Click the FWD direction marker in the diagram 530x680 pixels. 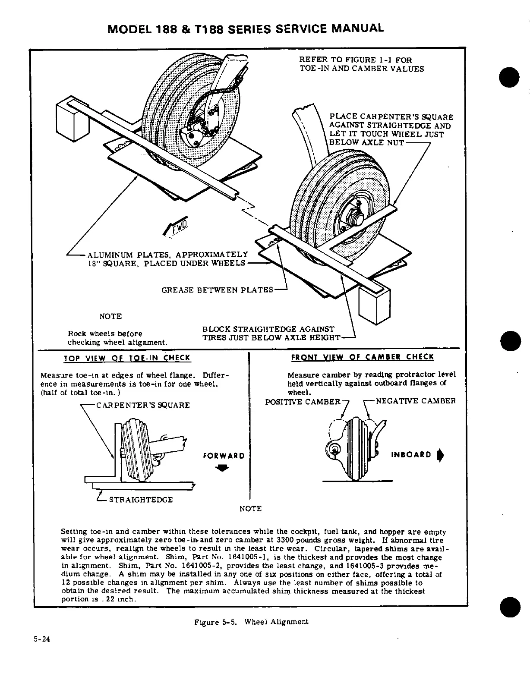(177, 226)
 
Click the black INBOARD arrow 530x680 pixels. (440, 455)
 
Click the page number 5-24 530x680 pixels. (42, 639)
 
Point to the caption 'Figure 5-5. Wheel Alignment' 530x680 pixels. (251, 622)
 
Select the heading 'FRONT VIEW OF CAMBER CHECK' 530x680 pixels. (363, 357)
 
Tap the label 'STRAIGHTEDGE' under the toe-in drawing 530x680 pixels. (141, 500)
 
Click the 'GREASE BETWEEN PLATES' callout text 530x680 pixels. (217, 290)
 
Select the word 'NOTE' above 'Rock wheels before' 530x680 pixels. (110, 317)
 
